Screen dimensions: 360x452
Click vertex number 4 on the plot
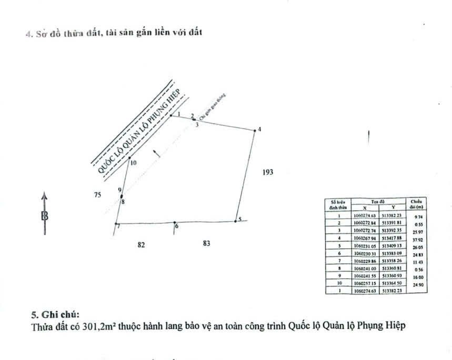click(258, 129)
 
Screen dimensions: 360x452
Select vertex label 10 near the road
click(133, 163)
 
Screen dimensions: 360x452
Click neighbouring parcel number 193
click(268, 172)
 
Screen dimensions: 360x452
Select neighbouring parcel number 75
click(97, 195)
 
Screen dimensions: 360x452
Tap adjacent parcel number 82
click(141, 244)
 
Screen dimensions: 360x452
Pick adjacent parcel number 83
click(206, 243)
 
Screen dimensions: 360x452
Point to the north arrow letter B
click(45, 215)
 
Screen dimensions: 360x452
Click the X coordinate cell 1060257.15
click(365, 283)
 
